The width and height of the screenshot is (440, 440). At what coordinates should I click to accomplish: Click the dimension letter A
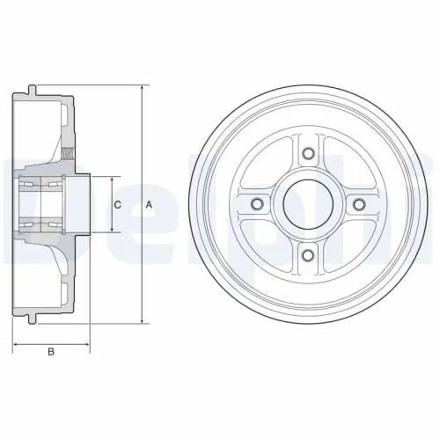click(x=148, y=205)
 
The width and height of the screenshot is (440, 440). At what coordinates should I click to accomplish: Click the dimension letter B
click(x=51, y=353)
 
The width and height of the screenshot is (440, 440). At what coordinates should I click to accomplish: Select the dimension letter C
click(x=117, y=205)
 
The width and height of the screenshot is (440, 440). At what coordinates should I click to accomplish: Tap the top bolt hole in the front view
click(x=308, y=155)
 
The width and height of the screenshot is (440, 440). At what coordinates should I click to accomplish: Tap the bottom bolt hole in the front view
click(x=308, y=255)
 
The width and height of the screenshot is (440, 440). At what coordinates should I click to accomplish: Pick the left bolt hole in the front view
click(x=258, y=205)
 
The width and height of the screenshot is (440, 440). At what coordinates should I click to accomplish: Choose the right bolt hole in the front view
click(x=358, y=205)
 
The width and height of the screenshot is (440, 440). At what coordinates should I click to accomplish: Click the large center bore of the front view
click(x=308, y=205)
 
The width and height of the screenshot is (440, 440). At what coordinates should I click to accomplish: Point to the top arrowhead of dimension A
click(x=141, y=89)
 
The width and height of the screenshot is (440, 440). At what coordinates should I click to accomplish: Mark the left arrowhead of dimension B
click(x=17, y=342)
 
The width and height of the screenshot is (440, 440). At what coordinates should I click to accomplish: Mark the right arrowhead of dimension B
click(x=88, y=342)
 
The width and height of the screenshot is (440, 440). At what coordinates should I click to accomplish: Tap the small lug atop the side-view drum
click(x=32, y=86)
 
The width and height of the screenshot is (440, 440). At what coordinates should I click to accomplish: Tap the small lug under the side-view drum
click(x=32, y=323)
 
